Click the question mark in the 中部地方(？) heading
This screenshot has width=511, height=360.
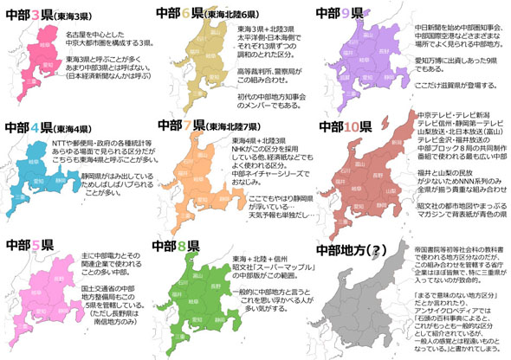point(378,251)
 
